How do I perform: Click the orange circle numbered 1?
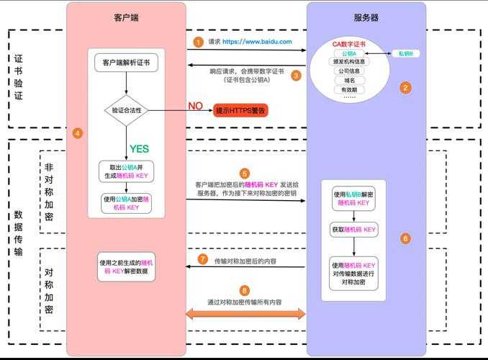click(x=198, y=42)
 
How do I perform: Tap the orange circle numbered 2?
click(x=405, y=88)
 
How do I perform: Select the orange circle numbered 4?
click(x=78, y=132)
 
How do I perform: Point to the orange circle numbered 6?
click(x=405, y=238)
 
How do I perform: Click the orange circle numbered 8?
click(x=245, y=290)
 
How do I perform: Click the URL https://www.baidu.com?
click(x=257, y=42)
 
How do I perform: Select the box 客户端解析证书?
click(x=126, y=63)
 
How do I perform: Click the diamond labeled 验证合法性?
click(x=126, y=111)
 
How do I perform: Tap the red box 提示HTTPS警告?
click(x=241, y=110)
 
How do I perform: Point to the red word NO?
click(x=195, y=106)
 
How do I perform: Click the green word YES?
click(x=139, y=149)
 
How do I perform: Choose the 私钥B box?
click(x=405, y=54)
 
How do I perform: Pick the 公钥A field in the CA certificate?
click(x=349, y=53)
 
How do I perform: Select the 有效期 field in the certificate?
click(x=349, y=89)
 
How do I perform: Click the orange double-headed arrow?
click(x=245, y=313)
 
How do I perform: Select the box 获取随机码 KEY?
click(x=353, y=230)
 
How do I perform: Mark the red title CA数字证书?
click(x=349, y=44)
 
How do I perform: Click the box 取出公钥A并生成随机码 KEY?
click(x=126, y=171)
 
